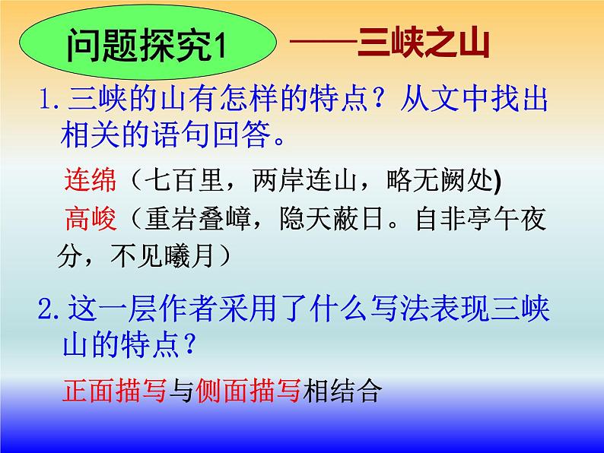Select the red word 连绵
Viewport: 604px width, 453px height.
tap(90, 181)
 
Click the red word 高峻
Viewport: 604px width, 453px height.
tap(90, 220)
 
